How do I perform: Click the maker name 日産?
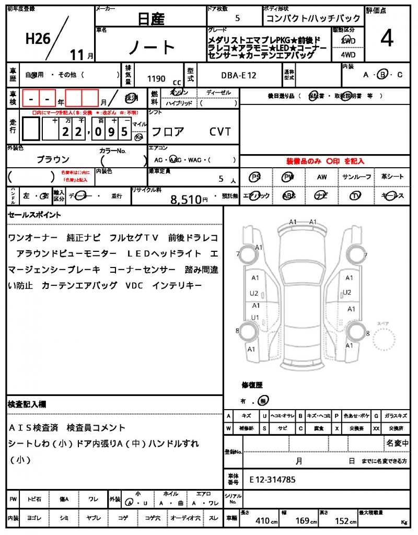150,19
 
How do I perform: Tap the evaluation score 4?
387,39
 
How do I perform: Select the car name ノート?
152,48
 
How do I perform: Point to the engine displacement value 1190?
156,79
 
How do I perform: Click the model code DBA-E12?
238,75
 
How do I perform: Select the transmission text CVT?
220,132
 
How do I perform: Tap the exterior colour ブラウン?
53,159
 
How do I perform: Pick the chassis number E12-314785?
273,479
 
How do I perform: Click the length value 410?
262,521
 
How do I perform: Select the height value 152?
343,521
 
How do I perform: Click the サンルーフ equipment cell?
357,177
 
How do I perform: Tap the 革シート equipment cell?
392,177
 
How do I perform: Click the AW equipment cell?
322,177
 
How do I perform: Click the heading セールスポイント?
34,215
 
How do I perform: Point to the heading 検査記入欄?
27,404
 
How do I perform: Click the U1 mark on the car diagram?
255,317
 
